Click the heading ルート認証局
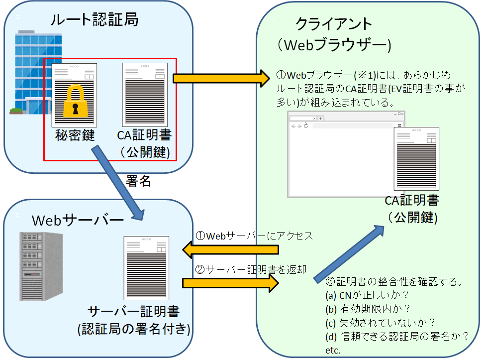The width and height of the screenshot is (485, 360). (94, 20)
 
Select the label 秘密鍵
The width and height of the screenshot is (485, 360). (75, 135)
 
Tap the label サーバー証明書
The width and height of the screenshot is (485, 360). (134, 312)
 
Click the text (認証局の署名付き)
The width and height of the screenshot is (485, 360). (134, 329)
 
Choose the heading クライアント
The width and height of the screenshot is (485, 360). (334, 24)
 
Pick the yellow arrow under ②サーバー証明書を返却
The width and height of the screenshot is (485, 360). (231, 283)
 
